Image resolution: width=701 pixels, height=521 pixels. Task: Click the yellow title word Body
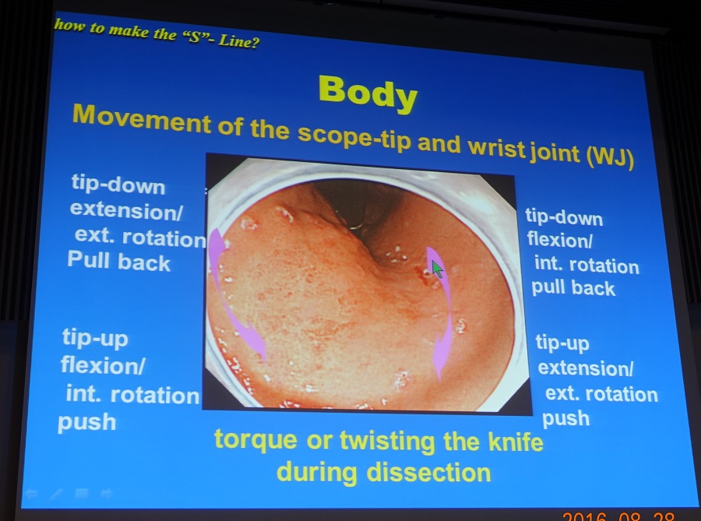point(368,93)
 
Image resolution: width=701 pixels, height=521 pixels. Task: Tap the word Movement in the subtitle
point(141,119)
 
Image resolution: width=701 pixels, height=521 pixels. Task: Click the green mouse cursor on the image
point(437,269)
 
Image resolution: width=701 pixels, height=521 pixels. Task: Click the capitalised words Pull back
point(119,261)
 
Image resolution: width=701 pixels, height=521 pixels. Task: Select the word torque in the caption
point(255,440)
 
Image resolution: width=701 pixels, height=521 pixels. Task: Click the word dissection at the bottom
point(428,472)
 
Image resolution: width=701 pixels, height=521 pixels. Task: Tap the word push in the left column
point(86,422)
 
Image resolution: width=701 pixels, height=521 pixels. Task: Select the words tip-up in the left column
point(95,338)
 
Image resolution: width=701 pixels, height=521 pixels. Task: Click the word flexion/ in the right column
point(560,240)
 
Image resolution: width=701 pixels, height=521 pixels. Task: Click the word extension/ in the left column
point(126,210)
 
